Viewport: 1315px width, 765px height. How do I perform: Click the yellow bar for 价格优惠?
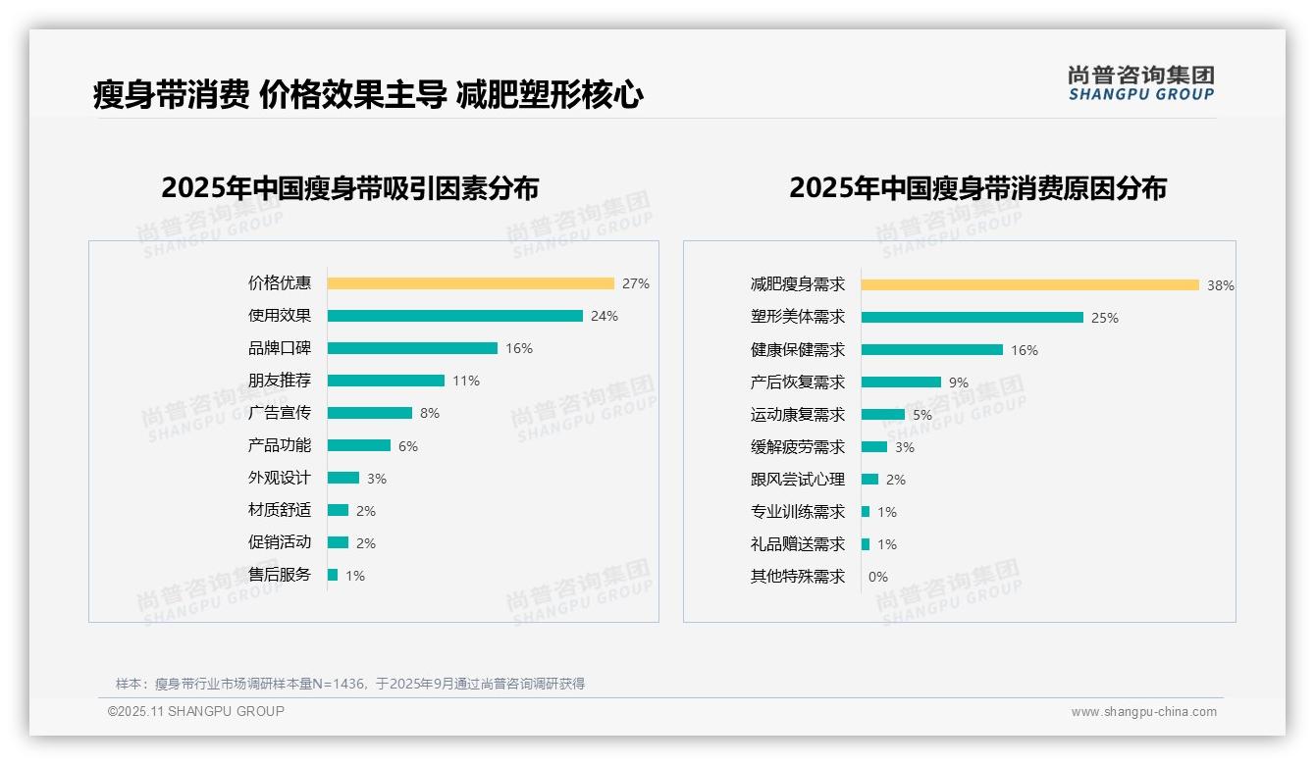[470, 283]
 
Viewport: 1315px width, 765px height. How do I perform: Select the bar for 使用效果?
[454, 316]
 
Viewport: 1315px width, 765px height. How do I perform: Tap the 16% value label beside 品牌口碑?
[519, 348]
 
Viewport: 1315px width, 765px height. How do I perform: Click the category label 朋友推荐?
[279, 381]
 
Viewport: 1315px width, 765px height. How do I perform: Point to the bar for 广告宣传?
[369, 413]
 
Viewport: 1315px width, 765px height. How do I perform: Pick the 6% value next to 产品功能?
[408, 446]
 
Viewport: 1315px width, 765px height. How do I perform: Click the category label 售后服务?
[279, 575]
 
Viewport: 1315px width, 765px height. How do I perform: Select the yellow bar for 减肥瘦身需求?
[1029, 285]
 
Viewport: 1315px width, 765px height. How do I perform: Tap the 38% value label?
[1221, 285]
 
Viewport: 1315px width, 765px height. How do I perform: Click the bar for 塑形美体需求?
[972, 318]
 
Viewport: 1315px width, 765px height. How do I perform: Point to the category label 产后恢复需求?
[797, 382]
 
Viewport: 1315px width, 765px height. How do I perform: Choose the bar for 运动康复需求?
[882, 415]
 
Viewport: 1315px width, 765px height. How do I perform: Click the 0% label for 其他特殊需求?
[878, 577]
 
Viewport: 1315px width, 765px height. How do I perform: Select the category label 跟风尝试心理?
[797, 480]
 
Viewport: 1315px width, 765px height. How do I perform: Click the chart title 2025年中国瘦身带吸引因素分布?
[349, 188]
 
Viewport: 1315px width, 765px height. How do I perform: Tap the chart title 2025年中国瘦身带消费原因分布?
[977, 188]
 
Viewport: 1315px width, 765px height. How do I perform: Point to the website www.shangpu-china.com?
[1143, 712]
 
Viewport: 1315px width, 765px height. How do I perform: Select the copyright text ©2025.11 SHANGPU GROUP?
[196, 711]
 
